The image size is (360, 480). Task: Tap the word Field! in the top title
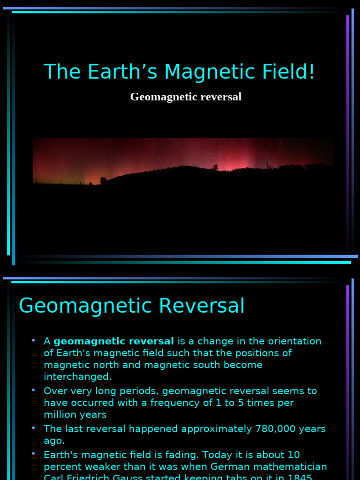pos(292,72)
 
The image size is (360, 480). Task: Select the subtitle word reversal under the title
pos(220,97)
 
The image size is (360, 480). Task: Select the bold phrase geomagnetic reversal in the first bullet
pos(114,341)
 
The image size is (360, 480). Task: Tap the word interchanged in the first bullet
pos(77,376)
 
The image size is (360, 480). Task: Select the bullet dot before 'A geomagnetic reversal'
pos(34,340)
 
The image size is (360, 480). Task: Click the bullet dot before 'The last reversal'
pos(34,428)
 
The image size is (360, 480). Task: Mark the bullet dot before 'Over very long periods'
pos(34,390)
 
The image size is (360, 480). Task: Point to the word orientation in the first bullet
pos(292,341)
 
